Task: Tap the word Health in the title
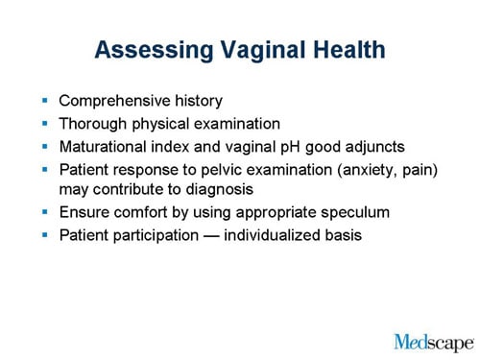point(343,49)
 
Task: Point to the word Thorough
point(93,123)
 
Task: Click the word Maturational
point(105,146)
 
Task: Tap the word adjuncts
point(374,146)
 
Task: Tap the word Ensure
point(84,212)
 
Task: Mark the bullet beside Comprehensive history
point(44,100)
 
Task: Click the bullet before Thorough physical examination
point(44,123)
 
